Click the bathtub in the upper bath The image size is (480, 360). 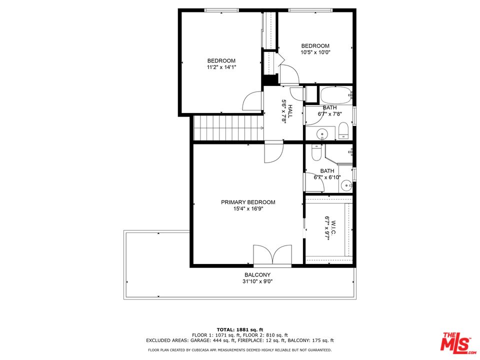(336, 95)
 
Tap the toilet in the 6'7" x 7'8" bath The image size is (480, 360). (343, 131)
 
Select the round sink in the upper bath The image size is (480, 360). (322, 133)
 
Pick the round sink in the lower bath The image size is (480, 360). (346, 186)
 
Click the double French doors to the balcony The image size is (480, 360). (272, 254)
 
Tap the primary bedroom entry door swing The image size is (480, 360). (273, 153)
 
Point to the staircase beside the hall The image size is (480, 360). (227, 128)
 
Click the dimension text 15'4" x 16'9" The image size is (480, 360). (248, 209)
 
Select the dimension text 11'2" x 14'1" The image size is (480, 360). (221, 67)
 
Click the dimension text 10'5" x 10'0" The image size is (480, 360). (315, 52)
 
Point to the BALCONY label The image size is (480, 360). (257, 275)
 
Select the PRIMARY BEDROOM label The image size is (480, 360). (248, 202)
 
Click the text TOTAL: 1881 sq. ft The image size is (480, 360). (240, 329)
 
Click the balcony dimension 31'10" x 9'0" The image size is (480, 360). (257, 281)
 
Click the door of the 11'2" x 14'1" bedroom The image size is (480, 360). (252, 102)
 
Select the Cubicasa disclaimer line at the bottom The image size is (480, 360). (240, 350)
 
